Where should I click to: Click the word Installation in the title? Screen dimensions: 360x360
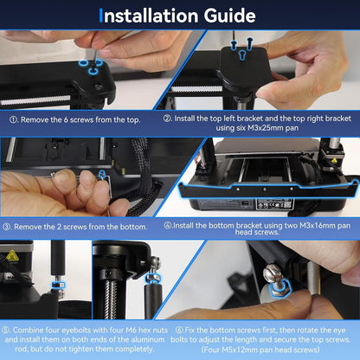pos(149,16)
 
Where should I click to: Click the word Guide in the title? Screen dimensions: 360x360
pos(229,16)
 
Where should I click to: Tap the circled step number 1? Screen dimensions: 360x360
pos(14,119)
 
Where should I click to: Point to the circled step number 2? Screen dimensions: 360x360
pos(167,119)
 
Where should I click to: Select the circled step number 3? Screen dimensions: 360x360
pos(7,227)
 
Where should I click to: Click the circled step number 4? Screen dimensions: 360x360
pos(168,226)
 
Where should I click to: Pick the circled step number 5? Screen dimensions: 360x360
pos(6,330)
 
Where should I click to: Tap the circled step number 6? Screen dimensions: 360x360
pos(179,330)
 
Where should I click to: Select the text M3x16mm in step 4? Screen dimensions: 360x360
pos(318,226)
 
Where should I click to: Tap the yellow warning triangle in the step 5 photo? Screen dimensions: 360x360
pos(12,255)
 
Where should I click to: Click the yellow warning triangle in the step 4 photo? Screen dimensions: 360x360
pos(334,161)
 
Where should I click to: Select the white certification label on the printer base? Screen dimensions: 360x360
pos(275,204)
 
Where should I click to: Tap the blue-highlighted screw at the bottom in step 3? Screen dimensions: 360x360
pos(102,174)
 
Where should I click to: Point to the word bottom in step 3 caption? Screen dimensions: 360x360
pos(133,227)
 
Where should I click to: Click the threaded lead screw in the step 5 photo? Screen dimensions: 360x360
pos(111,299)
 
